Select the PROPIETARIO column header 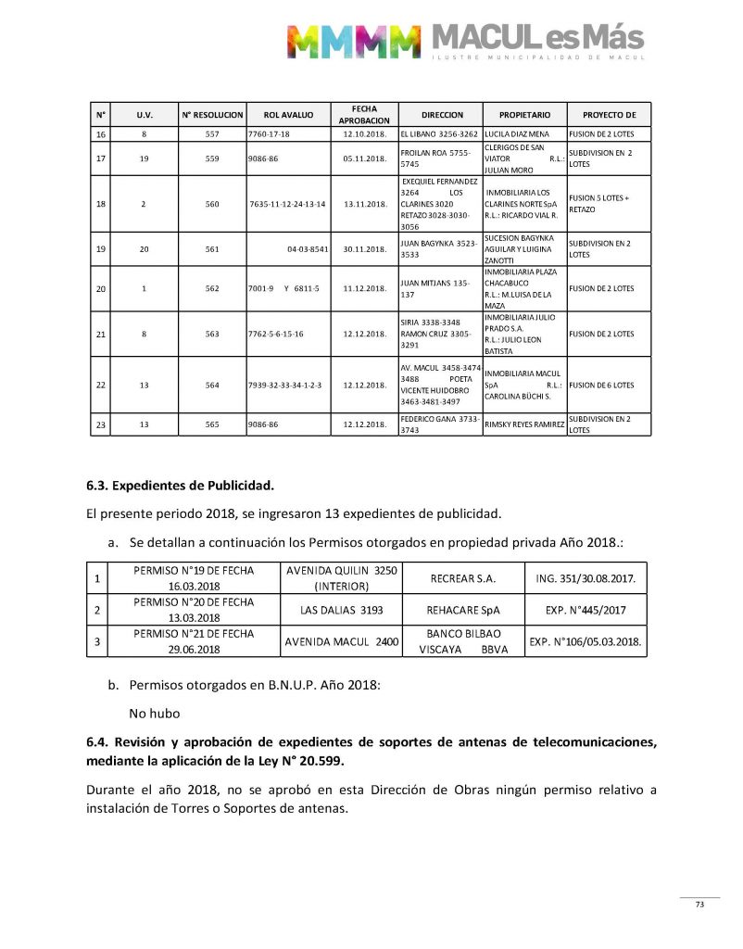524,115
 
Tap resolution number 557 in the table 212,134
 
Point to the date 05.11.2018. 364,158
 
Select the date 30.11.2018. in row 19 364,248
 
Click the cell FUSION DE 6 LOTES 601,385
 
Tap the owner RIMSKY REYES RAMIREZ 524,425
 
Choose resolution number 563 212,334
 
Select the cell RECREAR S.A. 463,579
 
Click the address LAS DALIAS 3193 341,610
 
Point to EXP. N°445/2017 586,610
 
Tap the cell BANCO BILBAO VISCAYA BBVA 463,640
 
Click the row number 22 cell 100,385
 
